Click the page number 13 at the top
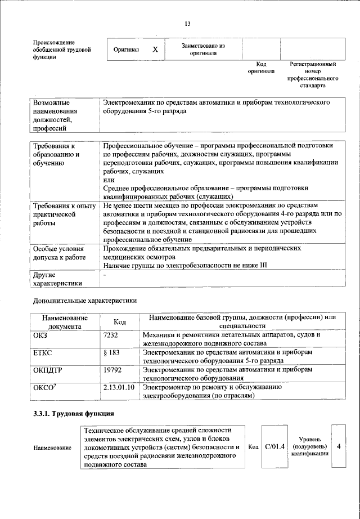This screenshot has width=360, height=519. pyautogui.click(x=187, y=24)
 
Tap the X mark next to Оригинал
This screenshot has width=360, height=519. pyautogui.click(x=155, y=50)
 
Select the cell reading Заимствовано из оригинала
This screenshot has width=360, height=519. pyautogui.click(x=203, y=49)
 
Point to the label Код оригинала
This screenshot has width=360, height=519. pyautogui.click(x=261, y=68)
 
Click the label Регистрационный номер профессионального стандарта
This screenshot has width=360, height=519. pyautogui.click(x=313, y=75)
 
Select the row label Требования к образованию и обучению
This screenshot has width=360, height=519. pyautogui.click(x=57, y=154)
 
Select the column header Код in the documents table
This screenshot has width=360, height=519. pyautogui.click(x=119, y=322)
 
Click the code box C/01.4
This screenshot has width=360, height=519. pyautogui.click(x=275, y=446)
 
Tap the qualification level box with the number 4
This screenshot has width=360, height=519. pyautogui.click(x=339, y=446)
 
